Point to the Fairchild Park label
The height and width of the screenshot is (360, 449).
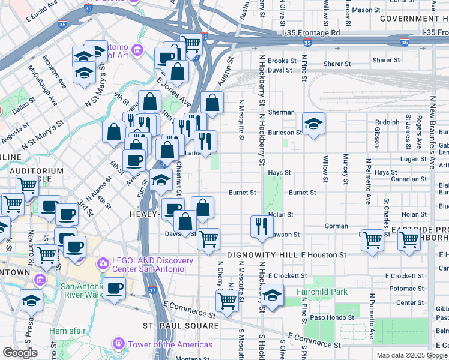(322, 292)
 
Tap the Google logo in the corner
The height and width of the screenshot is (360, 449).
(20, 353)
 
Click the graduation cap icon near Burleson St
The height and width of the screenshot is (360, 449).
(313, 124)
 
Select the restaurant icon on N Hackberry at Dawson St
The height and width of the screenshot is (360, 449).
(262, 227)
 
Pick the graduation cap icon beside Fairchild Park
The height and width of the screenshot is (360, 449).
(273, 296)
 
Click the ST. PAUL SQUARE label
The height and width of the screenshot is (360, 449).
(181, 326)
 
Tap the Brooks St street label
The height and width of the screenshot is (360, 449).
(282, 61)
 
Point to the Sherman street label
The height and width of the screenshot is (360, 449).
(281, 112)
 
